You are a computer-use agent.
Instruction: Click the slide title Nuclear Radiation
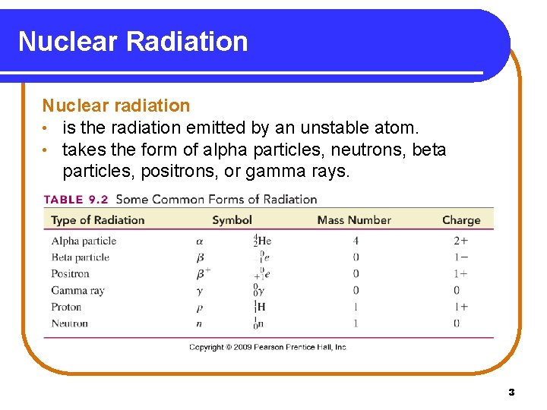133,41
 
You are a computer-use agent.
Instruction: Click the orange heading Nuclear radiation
115,106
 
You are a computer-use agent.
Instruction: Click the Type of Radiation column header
97,220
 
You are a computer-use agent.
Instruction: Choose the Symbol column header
232,220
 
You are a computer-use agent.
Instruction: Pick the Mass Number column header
354,220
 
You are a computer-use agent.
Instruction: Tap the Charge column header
461,220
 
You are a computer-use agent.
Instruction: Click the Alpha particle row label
84,241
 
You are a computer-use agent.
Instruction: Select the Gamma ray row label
77,291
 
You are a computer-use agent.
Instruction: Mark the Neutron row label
69,323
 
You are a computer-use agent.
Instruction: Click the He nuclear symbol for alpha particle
262,241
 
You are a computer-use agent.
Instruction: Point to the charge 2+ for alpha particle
461,241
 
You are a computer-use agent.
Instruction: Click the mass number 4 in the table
356,241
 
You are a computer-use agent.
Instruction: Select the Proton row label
66,307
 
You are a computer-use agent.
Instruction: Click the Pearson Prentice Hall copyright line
267,347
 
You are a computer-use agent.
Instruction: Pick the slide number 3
511,393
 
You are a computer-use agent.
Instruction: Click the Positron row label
70,274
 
